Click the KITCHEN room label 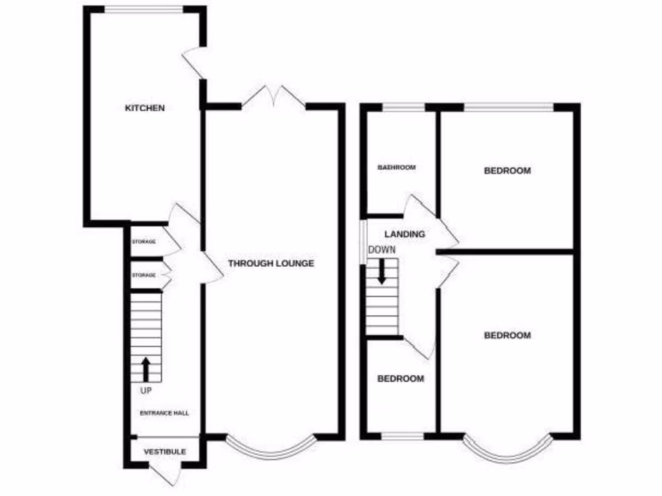[145, 108]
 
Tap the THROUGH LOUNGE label [271, 263]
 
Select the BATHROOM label [396, 167]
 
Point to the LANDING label [404, 234]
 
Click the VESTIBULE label [165, 451]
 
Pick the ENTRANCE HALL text [164, 413]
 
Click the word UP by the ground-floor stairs [145, 390]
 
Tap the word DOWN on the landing [382, 249]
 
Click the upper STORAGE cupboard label [144, 242]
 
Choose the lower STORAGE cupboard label [144, 275]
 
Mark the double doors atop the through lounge [273, 97]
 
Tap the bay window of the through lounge [272, 448]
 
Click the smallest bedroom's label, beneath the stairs [401, 378]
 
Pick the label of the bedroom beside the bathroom [507, 170]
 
